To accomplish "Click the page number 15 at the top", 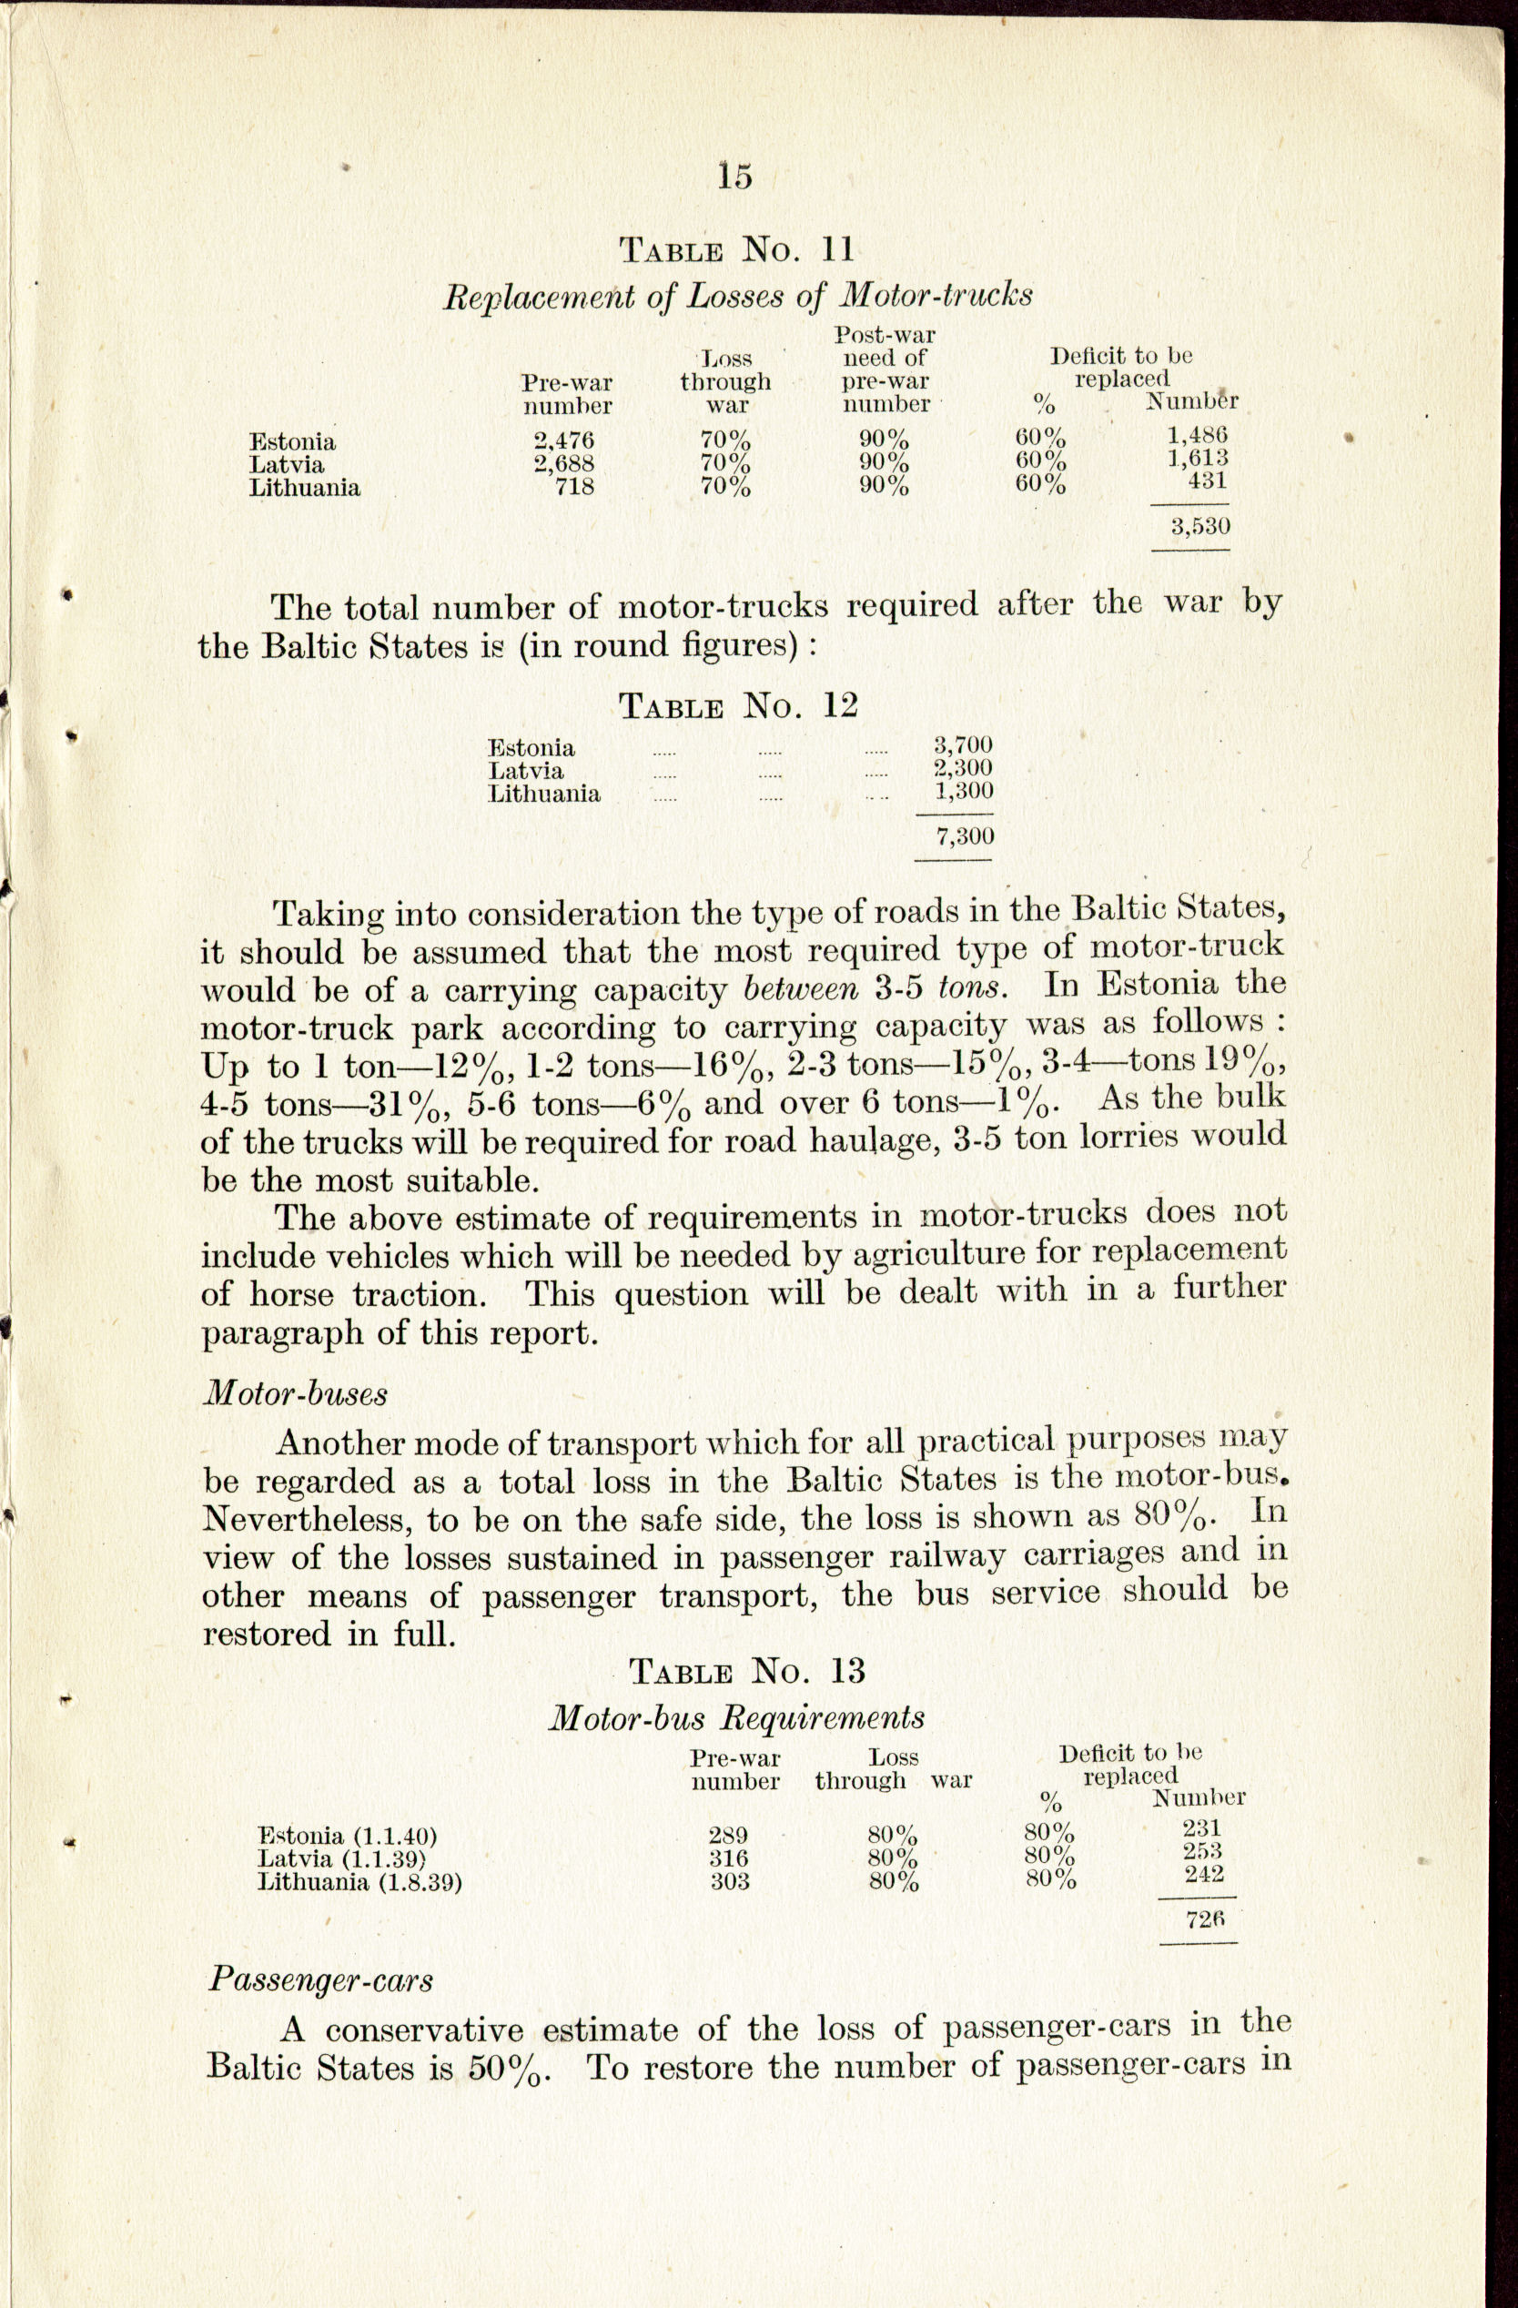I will (x=735, y=176).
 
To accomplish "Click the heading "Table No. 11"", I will (x=736, y=250).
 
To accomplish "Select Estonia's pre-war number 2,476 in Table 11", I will (x=563, y=441).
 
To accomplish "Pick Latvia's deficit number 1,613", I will (x=1197, y=458).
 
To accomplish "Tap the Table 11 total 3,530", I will (x=1199, y=527).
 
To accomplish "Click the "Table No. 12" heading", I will (x=738, y=706).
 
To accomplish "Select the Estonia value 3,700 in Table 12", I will (x=963, y=744).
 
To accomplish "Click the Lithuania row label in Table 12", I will (x=544, y=795).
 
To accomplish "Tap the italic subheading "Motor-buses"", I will (x=295, y=1393).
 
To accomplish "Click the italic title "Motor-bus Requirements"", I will (x=736, y=1717).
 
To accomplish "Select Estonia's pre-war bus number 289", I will (x=727, y=1835).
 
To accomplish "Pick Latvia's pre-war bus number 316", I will (x=727, y=1858).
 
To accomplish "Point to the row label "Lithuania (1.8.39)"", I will (x=359, y=1882).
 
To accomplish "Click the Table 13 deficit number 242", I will (x=1204, y=1874).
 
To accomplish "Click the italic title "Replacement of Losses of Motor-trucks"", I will (x=737, y=295).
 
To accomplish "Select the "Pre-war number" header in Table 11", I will (x=568, y=393).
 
